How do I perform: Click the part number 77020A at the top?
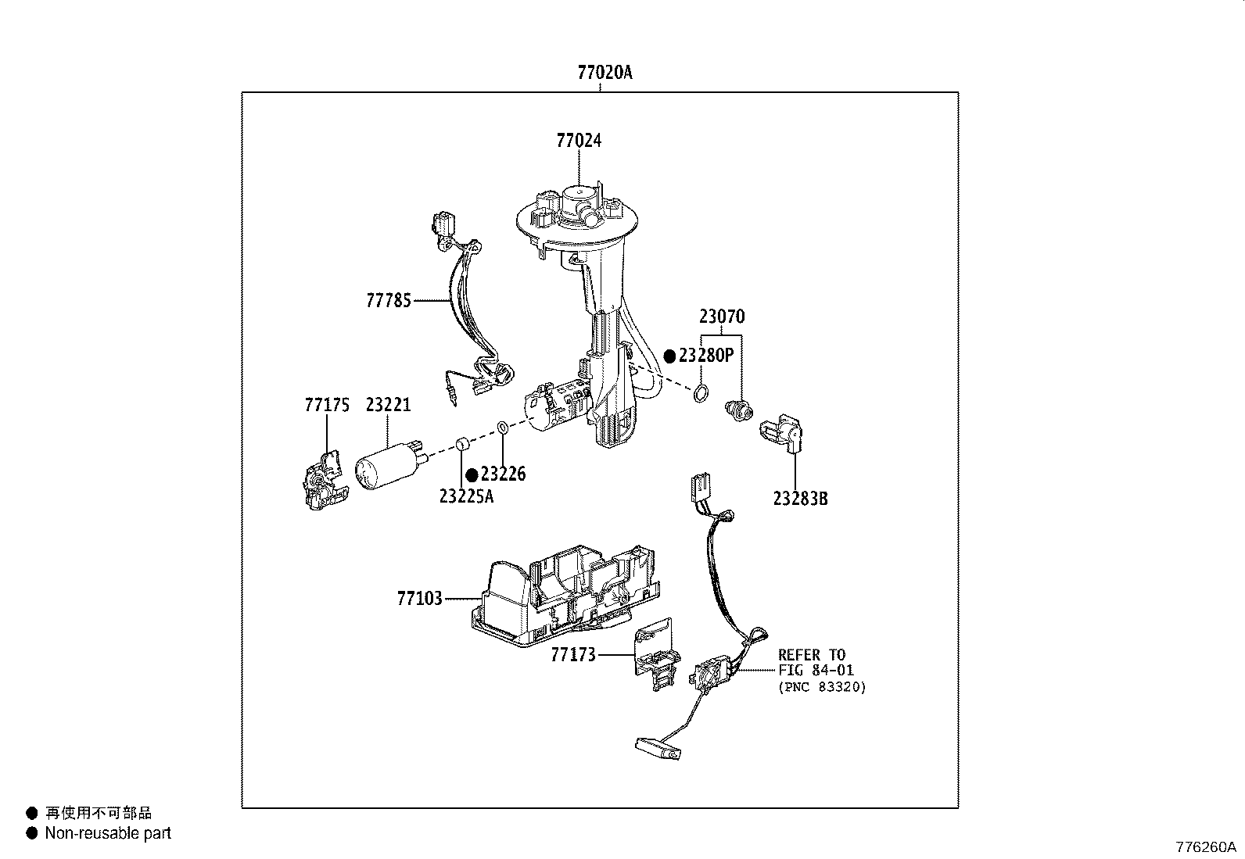[605, 73]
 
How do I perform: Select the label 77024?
[579, 141]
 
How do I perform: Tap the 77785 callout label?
[389, 300]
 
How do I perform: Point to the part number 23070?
[721, 317]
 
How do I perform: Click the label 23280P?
[706, 356]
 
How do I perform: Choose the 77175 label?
[326, 405]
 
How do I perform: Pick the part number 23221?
[388, 405]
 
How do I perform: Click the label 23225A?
[466, 496]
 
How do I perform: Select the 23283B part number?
[800, 498]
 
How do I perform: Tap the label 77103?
[420, 599]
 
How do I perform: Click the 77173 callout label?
[573, 654]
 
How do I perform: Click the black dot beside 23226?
[472, 475]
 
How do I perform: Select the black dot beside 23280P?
[669, 356]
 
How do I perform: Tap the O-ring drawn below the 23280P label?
[701, 393]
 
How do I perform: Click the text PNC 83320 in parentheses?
[822, 688]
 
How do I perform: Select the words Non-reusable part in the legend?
[108, 833]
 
